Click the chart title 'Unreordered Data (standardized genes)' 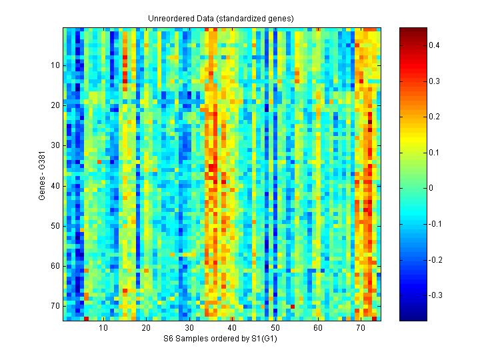coord(221,18)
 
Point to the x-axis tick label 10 coord(103,328)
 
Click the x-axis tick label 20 coord(146,328)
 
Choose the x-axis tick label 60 coord(318,328)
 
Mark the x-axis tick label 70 coord(361,328)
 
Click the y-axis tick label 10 coord(54,65)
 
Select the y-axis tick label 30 coord(54,145)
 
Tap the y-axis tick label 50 coord(54,226)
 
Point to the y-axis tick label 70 coord(54,306)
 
